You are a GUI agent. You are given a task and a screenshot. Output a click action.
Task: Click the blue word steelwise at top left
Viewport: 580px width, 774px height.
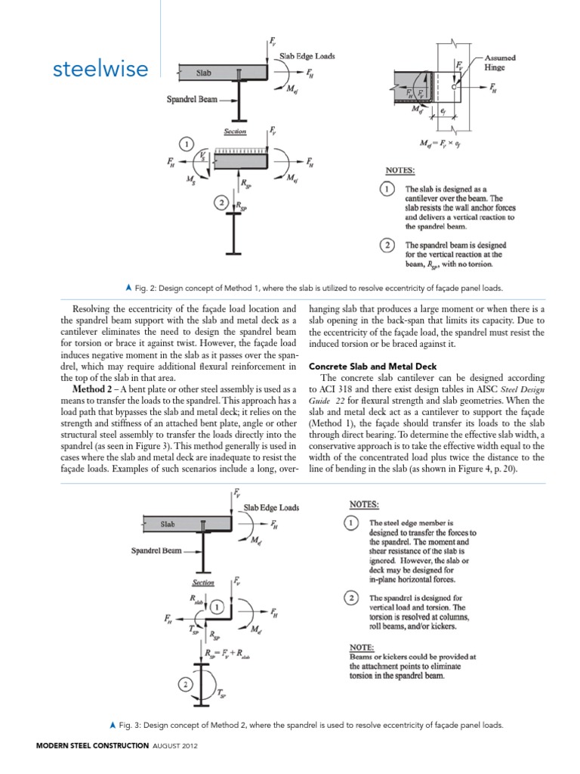[x=100, y=70]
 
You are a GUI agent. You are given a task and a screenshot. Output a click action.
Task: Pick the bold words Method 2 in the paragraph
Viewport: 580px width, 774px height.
[x=94, y=389]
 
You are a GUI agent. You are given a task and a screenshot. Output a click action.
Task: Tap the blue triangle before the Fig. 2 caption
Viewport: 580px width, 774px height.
[x=129, y=288]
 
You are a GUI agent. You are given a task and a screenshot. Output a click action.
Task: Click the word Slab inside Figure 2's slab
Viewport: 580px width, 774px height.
[x=204, y=73]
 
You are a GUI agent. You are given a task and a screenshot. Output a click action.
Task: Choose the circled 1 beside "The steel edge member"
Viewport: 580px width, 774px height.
[x=351, y=523]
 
